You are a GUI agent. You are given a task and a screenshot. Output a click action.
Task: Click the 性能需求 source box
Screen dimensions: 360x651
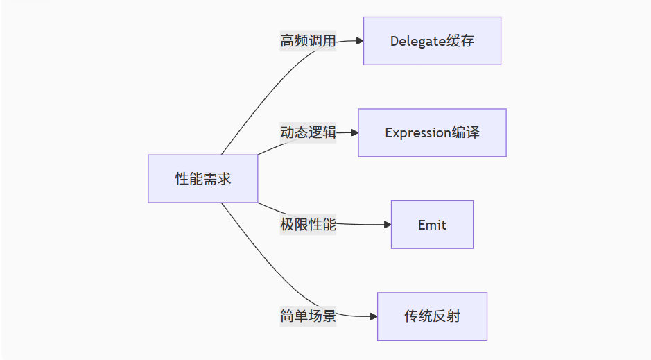point(202,178)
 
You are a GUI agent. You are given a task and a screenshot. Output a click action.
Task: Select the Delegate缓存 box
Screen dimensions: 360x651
point(432,41)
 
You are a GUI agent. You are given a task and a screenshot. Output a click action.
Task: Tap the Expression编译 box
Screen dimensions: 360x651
point(432,132)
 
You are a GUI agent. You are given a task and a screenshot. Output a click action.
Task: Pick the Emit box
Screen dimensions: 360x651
point(432,225)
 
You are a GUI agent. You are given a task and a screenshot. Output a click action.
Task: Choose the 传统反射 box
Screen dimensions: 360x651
point(432,316)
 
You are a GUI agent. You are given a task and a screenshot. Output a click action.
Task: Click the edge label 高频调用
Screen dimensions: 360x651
point(308,41)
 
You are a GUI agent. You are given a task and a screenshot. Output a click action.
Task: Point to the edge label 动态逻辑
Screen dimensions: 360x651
point(308,132)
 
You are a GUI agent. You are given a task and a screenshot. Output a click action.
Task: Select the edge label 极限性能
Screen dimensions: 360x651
point(308,225)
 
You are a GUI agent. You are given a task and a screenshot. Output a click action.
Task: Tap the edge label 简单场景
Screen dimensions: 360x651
point(308,316)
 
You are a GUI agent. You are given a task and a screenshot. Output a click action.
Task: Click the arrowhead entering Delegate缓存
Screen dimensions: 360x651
point(359,41)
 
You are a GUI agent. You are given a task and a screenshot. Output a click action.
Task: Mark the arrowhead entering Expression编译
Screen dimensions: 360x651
point(354,132)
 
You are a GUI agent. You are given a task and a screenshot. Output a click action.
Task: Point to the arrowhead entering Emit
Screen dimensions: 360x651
point(387,225)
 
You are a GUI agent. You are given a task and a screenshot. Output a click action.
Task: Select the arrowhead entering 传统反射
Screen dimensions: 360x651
point(373,316)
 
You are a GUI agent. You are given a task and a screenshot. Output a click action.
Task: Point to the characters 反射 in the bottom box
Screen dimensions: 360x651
point(446,316)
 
